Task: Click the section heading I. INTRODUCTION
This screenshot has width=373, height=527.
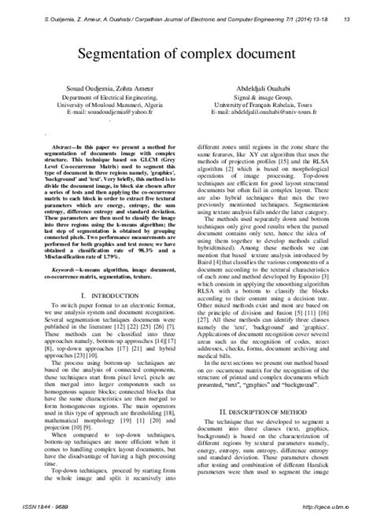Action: point(98,296)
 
